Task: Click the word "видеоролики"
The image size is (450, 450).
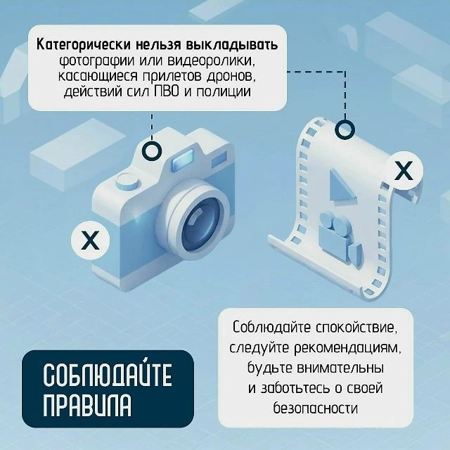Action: pos(211,61)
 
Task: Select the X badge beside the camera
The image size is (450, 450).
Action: pos(91,240)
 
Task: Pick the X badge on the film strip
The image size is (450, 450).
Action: pos(404,170)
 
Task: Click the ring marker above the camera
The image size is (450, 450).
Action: pos(152,150)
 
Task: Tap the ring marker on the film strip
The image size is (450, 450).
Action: pos(345,129)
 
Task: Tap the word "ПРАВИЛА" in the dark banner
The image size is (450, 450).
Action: pos(87,405)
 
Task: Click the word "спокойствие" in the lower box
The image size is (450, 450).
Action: pos(357,328)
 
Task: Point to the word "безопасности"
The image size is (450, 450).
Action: pos(316,408)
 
